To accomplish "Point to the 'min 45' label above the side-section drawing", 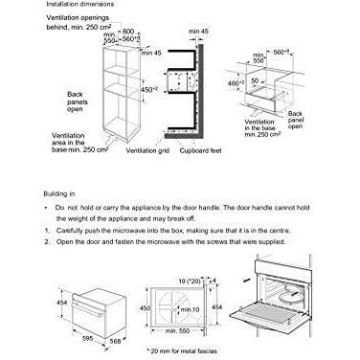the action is [x=197, y=32].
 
